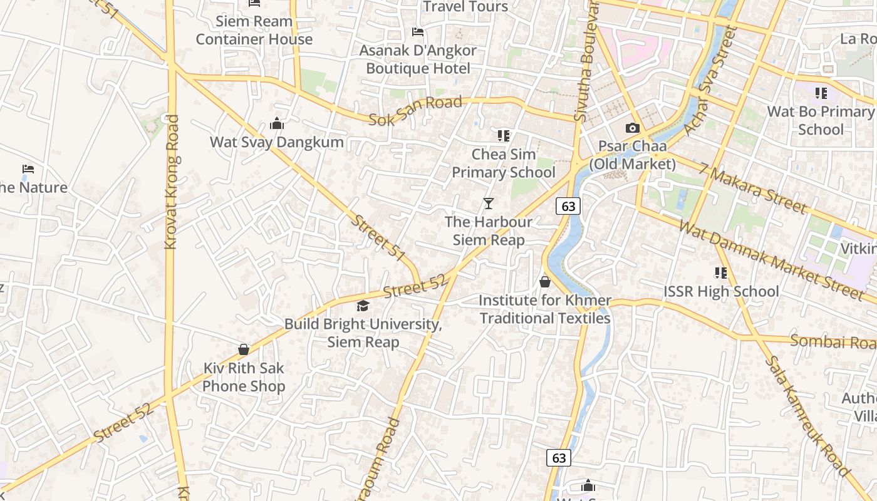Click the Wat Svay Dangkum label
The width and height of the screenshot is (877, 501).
pos(276,142)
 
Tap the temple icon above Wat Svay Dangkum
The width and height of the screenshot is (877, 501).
pos(276,124)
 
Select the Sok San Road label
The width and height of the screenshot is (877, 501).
pos(415,110)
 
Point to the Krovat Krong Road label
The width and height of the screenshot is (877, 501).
pos(171,182)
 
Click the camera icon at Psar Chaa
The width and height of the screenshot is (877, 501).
pos(633,128)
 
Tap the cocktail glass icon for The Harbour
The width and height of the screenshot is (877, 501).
pos(489,203)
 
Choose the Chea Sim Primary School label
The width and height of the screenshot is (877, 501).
pos(504,163)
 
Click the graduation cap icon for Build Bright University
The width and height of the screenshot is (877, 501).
pos(363,306)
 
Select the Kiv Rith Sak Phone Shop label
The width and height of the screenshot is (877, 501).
pos(244,377)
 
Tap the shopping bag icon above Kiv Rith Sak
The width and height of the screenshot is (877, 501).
pos(244,349)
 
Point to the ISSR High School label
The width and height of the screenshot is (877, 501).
pos(721,292)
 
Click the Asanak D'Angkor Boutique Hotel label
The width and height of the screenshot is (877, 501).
pos(418,59)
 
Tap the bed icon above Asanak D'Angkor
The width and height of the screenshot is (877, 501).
pos(418,32)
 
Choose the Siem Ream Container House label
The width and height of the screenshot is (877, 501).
pos(254,30)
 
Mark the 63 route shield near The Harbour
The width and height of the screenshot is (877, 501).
pos(568,206)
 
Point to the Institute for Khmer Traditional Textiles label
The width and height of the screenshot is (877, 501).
pos(545,309)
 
